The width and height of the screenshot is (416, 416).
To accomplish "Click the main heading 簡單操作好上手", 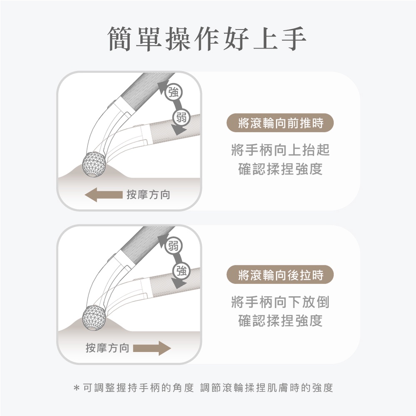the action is tap(207, 39).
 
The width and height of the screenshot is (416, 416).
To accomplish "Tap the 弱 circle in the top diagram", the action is tap(181, 117).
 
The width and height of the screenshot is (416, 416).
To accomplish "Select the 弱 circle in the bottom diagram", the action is tap(173, 245).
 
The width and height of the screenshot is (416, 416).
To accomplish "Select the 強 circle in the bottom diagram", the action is tap(181, 271).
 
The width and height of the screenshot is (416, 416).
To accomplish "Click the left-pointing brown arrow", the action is tap(104, 195).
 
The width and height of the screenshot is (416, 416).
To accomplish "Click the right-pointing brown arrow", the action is tap(152, 348).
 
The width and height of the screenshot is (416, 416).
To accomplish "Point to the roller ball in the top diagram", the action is tap(94, 164).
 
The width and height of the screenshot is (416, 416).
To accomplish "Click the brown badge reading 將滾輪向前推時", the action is tap(280, 123).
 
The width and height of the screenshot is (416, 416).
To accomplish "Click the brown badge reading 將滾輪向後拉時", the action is tap(280, 275).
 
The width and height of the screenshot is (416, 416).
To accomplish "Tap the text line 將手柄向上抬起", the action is tap(280, 150).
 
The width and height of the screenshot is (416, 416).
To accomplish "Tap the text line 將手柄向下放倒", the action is tap(280, 302).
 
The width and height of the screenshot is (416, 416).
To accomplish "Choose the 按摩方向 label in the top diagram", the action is tap(149, 195).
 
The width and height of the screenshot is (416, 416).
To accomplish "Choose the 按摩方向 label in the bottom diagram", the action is tap(107, 348).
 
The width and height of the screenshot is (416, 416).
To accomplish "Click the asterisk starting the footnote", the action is tap(77, 388).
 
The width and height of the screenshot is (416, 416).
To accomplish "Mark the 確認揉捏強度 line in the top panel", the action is tap(280, 169).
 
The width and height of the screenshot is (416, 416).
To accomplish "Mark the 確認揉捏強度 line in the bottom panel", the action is tap(280, 321).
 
